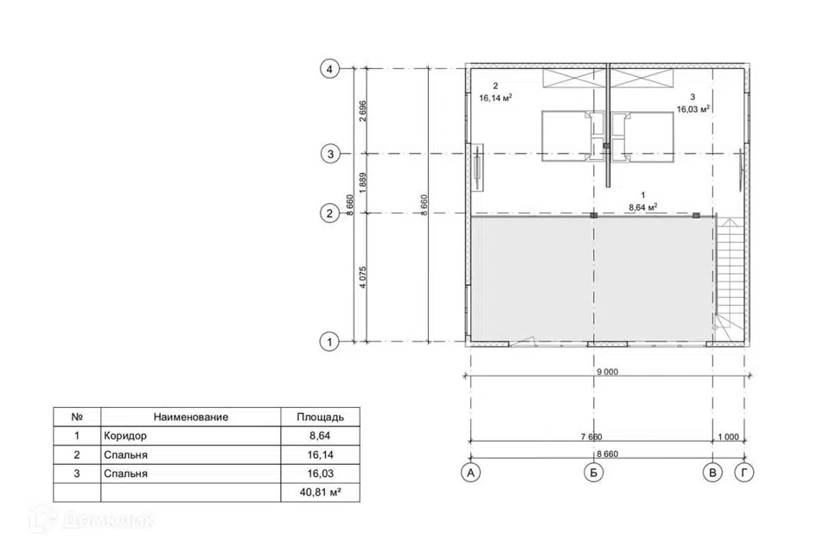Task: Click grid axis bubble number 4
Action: pyautogui.click(x=329, y=69)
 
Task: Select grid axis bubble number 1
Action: pyautogui.click(x=329, y=342)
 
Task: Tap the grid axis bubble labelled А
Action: pyautogui.click(x=470, y=473)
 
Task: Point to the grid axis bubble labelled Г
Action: pyautogui.click(x=744, y=473)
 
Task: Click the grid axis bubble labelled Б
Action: pyautogui.click(x=593, y=473)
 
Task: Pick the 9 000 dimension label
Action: pyautogui.click(x=607, y=372)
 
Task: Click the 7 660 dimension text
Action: pyautogui.click(x=591, y=436)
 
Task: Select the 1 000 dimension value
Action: pyautogui.click(x=728, y=436)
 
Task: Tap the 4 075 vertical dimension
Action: pyautogui.click(x=362, y=277)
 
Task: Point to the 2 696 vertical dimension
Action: pyautogui.click(x=362, y=111)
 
